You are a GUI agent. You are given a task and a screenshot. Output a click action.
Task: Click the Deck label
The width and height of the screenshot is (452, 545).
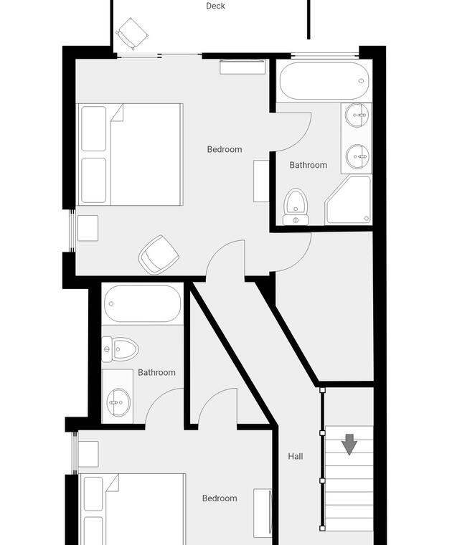pyautogui.click(x=215, y=6)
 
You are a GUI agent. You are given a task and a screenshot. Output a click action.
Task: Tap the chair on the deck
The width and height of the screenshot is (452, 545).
pyautogui.click(x=132, y=34)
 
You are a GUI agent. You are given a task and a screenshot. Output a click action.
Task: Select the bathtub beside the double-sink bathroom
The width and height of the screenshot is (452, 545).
pyautogui.click(x=324, y=81)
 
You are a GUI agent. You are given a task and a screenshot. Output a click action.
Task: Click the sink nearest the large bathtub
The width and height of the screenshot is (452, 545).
pyautogui.click(x=357, y=115)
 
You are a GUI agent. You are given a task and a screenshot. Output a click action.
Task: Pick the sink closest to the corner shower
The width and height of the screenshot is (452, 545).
pyautogui.click(x=357, y=156)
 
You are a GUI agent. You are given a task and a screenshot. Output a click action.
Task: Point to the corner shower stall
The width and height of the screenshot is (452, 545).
pyautogui.click(x=349, y=200)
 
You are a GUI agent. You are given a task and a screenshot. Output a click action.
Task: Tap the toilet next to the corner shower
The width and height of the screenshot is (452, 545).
pyautogui.click(x=296, y=207)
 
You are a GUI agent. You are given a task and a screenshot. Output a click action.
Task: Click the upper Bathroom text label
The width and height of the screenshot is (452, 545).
pyautogui.click(x=309, y=165)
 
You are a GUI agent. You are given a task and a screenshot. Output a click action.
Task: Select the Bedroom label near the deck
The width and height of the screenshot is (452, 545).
pyautogui.click(x=225, y=149)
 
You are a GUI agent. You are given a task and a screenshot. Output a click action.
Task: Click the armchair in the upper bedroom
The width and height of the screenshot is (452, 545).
pyautogui.click(x=159, y=255)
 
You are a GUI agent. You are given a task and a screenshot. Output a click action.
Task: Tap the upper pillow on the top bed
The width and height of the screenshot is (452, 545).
pyautogui.click(x=93, y=128)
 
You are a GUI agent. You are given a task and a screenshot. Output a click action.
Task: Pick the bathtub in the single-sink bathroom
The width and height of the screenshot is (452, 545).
pyautogui.click(x=143, y=304)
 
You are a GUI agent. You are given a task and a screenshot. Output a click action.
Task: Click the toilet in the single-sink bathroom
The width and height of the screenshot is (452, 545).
pyautogui.click(x=120, y=349)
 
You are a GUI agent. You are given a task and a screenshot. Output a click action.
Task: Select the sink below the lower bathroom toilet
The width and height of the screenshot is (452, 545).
pyautogui.click(x=118, y=402)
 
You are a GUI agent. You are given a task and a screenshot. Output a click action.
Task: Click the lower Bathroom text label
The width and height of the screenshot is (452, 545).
pyautogui.click(x=157, y=372)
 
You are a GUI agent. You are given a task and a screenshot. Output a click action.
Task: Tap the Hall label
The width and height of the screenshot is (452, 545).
pyautogui.click(x=296, y=456)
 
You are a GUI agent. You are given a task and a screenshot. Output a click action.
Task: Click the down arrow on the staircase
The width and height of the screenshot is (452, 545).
pyautogui.click(x=349, y=445)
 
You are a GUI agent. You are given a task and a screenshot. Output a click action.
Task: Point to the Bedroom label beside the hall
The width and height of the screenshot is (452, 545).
pyautogui.click(x=220, y=498)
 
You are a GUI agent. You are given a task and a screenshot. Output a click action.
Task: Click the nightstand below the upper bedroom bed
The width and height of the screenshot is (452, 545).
pyautogui.click(x=88, y=228)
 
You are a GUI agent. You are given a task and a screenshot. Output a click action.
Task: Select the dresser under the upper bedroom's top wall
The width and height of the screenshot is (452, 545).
pyautogui.click(x=243, y=67)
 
